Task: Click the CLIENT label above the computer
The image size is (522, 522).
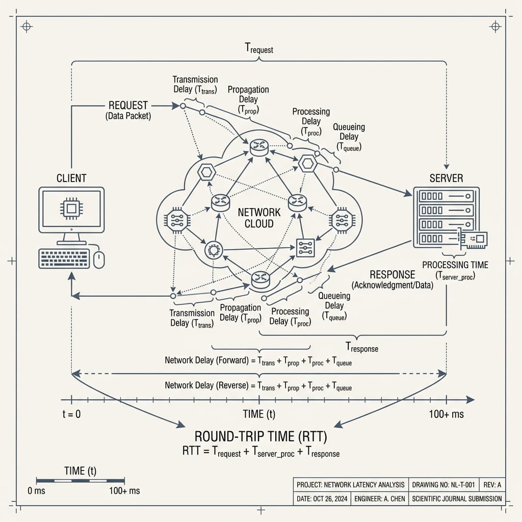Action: (72, 178)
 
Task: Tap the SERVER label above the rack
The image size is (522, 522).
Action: (446, 178)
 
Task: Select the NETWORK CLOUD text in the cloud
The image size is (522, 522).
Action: (259, 218)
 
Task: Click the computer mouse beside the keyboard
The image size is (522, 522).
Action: (99, 259)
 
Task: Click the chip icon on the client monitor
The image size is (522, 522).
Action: (71, 208)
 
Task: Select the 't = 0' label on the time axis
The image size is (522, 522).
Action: (71, 414)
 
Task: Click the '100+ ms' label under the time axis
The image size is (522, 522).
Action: (446, 414)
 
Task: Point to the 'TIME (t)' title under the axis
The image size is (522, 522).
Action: (260, 414)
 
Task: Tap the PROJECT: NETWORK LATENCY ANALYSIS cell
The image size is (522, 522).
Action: (351, 484)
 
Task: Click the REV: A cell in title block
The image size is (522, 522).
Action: (492, 484)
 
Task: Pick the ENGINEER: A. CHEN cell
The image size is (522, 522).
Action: (380, 499)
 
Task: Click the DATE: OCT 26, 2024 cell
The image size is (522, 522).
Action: (322, 499)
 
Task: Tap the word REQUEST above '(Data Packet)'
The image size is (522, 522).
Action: (128, 106)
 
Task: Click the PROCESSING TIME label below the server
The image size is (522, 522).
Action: (455, 265)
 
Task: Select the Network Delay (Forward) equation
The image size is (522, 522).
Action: (258, 361)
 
